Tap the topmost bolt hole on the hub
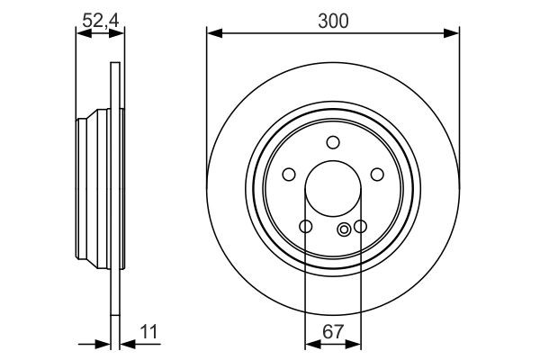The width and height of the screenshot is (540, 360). click(x=333, y=141)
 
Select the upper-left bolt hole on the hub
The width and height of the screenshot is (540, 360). click(x=290, y=174)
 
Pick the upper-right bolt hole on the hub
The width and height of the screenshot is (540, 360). click(x=377, y=174)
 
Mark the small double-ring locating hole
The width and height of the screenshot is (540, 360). click(x=343, y=230)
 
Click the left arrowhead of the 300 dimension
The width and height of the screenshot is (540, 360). click(x=212, y=34)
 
